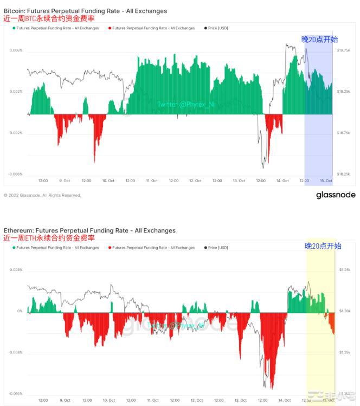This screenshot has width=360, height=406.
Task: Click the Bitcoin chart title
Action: click(85, 11)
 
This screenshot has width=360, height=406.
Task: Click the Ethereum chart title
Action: click(89, 230)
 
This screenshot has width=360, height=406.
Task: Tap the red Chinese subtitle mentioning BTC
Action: click(49, 18)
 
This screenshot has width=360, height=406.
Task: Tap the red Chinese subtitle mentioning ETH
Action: click(49, 238)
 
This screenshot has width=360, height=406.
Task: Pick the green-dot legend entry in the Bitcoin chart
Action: click(56, 28)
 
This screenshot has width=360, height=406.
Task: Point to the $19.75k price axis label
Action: click(344, 50)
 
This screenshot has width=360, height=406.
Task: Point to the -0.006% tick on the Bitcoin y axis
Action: click(16, 174)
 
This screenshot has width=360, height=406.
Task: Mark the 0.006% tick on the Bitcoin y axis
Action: click(16, 50)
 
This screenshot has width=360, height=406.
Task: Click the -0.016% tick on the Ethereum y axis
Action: click(16, 394)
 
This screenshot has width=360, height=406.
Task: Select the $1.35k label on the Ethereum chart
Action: click(345, 270)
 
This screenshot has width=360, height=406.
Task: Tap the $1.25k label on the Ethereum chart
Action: click(345, 352)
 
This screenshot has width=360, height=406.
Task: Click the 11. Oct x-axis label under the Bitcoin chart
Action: click(151, 181)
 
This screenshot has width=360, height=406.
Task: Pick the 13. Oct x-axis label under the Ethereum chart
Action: click(239, 400)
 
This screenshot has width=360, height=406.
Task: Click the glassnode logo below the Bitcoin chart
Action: click(336, 195)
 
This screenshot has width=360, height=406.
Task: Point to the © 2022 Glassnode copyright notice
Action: click(42, 195)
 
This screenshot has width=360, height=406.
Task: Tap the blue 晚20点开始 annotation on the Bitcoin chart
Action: click(319, 39)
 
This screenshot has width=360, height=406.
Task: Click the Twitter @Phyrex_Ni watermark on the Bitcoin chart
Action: click(185, 104)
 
